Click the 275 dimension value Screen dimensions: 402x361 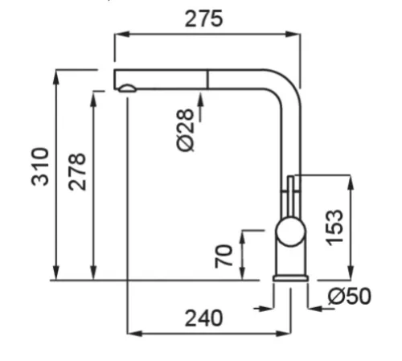[203, 18]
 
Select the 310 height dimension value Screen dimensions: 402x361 [40, 166]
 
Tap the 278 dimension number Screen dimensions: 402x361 [77, 172]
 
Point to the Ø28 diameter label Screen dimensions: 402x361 [185, 130]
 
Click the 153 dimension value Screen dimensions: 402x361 [334, 228]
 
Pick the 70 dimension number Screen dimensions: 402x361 [224, 256]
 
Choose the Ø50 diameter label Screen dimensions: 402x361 [350, 296]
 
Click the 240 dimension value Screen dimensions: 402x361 [203, 318]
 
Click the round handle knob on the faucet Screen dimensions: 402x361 [291, 232]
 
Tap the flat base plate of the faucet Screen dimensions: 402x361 [290, 278]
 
